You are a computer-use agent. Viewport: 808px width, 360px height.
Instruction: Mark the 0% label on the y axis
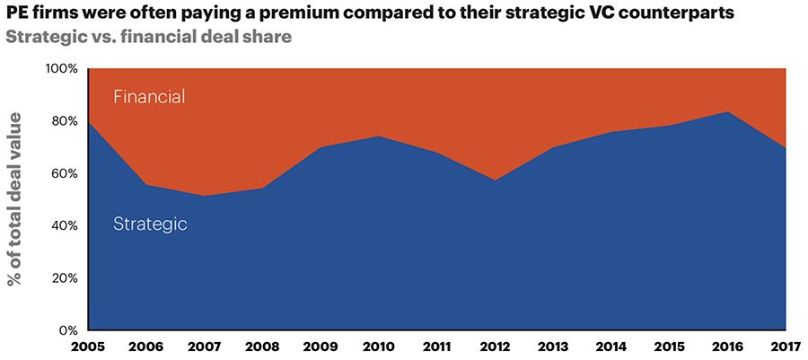click(x=68, y=330)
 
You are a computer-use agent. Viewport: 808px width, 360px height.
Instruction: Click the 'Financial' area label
click(x=149, y=96)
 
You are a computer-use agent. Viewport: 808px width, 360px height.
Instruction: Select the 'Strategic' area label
click(x=150, y=224)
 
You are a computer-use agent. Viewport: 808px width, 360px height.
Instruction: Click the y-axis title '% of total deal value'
click(x=15, y=200)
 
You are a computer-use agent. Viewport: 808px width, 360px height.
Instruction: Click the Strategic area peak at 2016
click(x=728, y=112)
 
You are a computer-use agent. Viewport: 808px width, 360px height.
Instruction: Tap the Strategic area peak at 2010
click(x=378, y=136)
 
